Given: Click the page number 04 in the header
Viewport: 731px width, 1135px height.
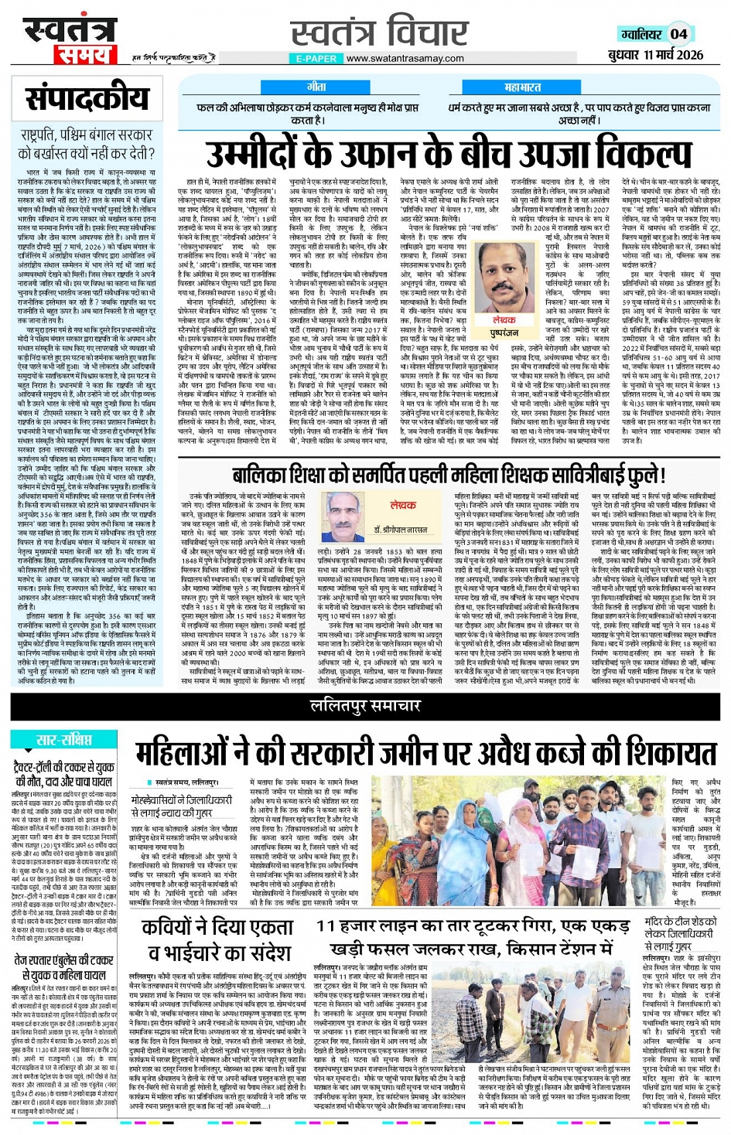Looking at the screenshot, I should [678, 33].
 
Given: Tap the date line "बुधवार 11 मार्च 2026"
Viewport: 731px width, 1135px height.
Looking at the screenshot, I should [655, 55].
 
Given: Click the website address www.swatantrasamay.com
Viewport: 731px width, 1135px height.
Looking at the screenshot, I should [405, 58].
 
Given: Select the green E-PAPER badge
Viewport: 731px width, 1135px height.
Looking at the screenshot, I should [316, 58].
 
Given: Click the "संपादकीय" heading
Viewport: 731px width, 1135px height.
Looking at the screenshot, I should [87, 98].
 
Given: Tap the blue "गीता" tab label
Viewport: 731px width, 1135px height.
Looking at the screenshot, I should [316, 87].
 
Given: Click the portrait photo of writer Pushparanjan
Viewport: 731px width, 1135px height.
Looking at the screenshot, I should [504, 278].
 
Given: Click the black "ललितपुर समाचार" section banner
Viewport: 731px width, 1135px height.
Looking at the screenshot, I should [365, 705].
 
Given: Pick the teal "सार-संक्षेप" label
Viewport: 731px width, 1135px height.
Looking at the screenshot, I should [64, 740].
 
